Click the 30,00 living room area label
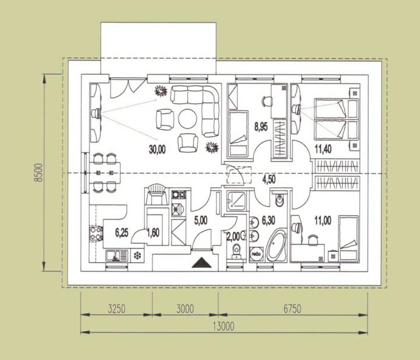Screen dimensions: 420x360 click(x=157, y=149)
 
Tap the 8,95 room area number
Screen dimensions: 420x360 click(x=261, y=127)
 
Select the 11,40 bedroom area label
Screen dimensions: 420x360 click(x=323, y=149)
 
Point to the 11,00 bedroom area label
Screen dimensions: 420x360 click(x=323, y=221)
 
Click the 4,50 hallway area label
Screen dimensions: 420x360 click(x=269, y=179)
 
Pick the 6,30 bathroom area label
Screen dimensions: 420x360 click(x=268, y=221)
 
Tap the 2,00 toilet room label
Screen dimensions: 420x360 click(x=233, y=236)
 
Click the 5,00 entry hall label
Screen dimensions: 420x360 click(x=201, y=221)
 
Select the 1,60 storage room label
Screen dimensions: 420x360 click(x=153, y=233)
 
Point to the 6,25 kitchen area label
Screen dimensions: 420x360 click(x=121, y=233)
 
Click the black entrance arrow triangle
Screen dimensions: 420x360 click(x=202, y=263)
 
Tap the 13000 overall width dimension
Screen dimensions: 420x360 click(x=223, y=327)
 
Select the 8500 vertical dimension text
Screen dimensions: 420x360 click(x=39, y=173)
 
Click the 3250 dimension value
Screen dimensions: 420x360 click(x=117, y=309)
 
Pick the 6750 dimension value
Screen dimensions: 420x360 click(x=292, y=309)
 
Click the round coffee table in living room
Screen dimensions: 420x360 click(x=188, y=118)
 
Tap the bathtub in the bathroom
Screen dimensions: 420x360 click(x=276, y=246)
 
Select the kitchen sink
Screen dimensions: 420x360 click(x=117, y=256)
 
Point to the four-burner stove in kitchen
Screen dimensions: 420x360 click(x=96, y=233)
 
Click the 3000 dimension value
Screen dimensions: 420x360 click(x=185, y=309)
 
